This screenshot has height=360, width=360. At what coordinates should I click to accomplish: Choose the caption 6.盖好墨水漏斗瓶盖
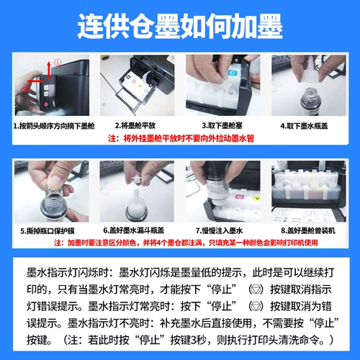coord(138,230)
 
